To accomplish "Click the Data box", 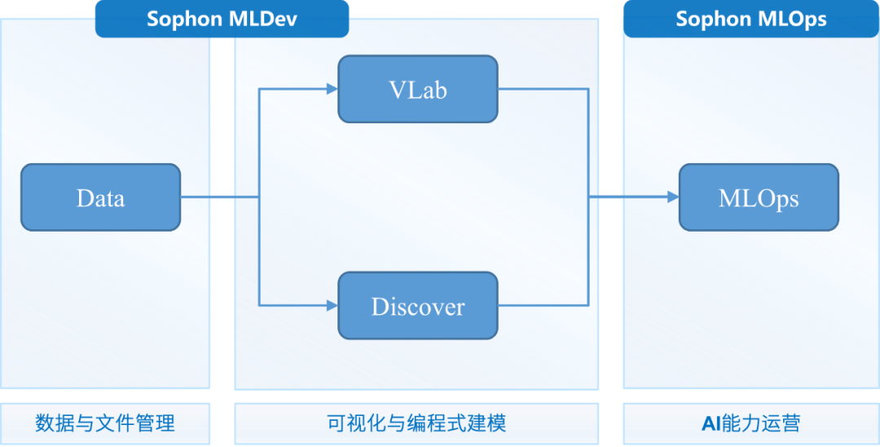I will pyautogui.click(x=100, y=197).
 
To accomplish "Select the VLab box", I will pyautogui.click(x=417, y=89).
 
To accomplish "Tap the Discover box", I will pyautogui.click(x=417, y=306).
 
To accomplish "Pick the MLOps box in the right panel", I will pyautogui.click(x=759, y=197).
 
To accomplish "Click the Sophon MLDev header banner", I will pyautogui.click(x=222, y=19).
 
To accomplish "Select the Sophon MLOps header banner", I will pyautogui.click(x=750, y=19).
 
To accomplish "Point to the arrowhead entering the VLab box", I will pyautogui.click(x=332, y=89).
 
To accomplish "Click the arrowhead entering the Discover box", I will pyautogui.click(x=332, y=306).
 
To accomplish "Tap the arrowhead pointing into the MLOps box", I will pyautogui.click(x=672, y=197).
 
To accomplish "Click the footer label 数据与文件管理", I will pyautogui.click(x=105, y=423).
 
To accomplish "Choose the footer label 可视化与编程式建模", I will pyautogui.click(x=416, y=423).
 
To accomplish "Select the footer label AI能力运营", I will pyautogui.click(x=750, y=423).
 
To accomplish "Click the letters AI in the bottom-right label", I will pyautogui.click(x=709, y=423).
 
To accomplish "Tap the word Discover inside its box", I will pyautogui.click(x=417, y=307).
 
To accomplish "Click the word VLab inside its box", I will pyautogui.click(x=417, y=90).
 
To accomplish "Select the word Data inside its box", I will pyautogui.click(x=100, y=198).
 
